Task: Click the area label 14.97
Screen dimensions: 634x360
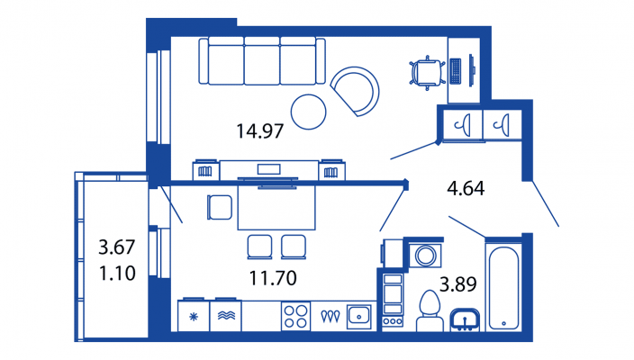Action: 259,131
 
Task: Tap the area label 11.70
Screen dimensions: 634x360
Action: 273,278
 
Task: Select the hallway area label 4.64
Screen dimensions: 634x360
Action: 466,188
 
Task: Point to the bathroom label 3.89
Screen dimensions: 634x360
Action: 458,284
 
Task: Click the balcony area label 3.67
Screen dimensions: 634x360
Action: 117,247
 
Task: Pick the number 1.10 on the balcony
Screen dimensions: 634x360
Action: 117,274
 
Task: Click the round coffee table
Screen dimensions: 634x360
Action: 309,112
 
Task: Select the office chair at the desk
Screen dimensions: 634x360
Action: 426,73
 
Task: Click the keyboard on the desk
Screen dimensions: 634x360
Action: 456,71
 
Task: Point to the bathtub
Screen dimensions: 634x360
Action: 503,288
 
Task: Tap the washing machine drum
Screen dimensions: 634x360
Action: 425,256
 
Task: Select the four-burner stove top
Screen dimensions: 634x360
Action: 295,317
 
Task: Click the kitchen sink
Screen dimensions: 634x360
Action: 358,316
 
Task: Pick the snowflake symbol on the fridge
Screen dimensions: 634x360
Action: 194,317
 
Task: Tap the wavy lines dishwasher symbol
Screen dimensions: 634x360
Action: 226,315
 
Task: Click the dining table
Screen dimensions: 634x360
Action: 276,207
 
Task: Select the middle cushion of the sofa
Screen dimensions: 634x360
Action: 261,61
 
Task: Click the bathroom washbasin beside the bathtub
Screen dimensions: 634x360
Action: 465,320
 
